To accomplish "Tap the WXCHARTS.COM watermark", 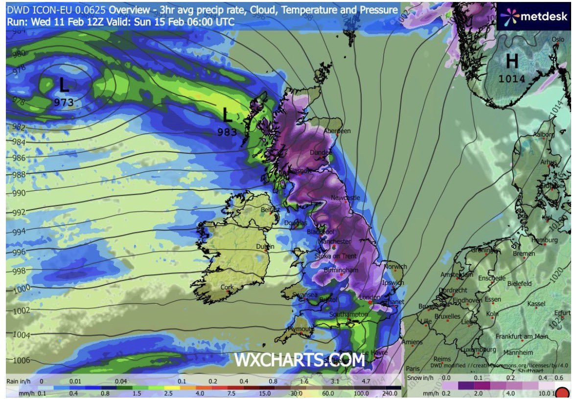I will (x=300, y=360).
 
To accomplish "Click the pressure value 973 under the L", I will (x=64, y=102).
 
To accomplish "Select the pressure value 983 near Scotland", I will (x=227, y=132).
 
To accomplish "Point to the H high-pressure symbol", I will (x=512, y=62).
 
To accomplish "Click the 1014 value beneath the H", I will (x=512, y=78).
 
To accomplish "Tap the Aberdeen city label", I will (x=338, y=131).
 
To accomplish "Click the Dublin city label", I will (x=265, y=247).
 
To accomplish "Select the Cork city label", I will (x=227, y=287).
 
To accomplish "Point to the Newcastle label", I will (x=346, y=198).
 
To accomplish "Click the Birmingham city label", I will (x=341, y=270).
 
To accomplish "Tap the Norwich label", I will (x=395, y=267).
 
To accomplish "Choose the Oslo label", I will (x=558, y=40).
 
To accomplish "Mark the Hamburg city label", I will (x=544, y=240).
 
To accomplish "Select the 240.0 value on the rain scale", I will (x=390, y=393).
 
